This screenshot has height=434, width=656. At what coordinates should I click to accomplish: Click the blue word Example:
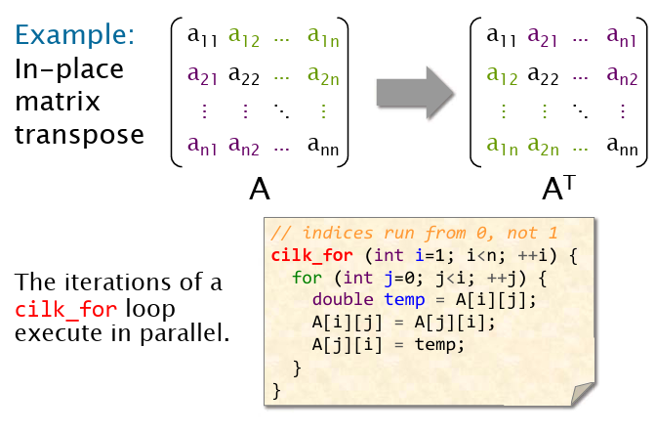pos(75,34)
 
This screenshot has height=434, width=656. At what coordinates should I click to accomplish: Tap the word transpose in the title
pos(79,135)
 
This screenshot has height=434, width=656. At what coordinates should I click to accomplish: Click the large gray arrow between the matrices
pos(415,92)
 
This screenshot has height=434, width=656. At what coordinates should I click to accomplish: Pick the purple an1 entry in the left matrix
pos(202,146)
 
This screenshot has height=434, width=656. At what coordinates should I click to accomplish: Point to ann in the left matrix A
pos(323,146)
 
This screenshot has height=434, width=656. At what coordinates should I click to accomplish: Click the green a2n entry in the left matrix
pos(323,75)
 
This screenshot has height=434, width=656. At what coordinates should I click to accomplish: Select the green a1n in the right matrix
pos(502,146)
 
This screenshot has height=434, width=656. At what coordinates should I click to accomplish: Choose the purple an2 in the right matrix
pos(622,75)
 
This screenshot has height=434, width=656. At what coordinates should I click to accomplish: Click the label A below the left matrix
pos(260,189)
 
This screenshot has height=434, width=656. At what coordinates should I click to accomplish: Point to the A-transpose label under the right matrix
pos(558,188)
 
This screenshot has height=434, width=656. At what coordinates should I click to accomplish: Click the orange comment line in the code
pos(414,233)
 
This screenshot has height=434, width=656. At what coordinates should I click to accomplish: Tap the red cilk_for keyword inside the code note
pos(311,255)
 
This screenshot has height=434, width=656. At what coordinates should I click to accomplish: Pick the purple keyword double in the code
pos(343,299)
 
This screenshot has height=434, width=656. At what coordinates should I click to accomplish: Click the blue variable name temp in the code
pos(404,299)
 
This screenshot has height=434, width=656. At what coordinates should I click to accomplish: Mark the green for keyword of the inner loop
pos(307,278)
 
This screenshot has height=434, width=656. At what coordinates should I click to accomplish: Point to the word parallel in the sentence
pos(184,334)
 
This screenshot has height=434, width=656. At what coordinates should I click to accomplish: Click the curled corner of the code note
pos(583,394)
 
